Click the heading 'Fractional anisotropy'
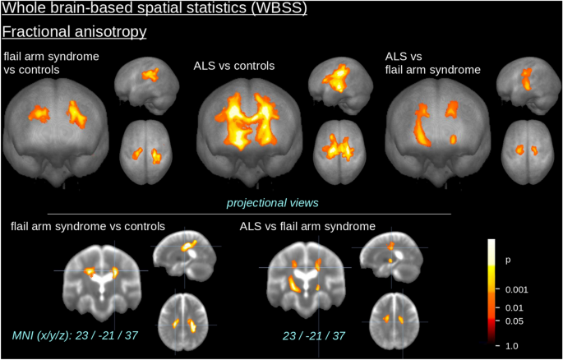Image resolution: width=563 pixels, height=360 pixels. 74,31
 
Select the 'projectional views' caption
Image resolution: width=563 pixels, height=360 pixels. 272,203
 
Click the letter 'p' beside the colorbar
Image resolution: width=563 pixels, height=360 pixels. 507,261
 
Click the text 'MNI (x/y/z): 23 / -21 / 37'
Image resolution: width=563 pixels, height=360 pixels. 76,335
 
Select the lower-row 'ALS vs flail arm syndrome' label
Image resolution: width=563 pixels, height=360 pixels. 307,227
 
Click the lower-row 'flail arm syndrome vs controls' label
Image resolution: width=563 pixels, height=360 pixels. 88,227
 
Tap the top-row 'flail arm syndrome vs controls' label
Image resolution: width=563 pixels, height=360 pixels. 51,62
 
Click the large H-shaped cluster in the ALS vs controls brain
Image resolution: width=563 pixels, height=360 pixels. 247,120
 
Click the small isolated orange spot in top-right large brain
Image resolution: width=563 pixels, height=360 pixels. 453,139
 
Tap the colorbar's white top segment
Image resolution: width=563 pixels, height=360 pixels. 491,252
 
